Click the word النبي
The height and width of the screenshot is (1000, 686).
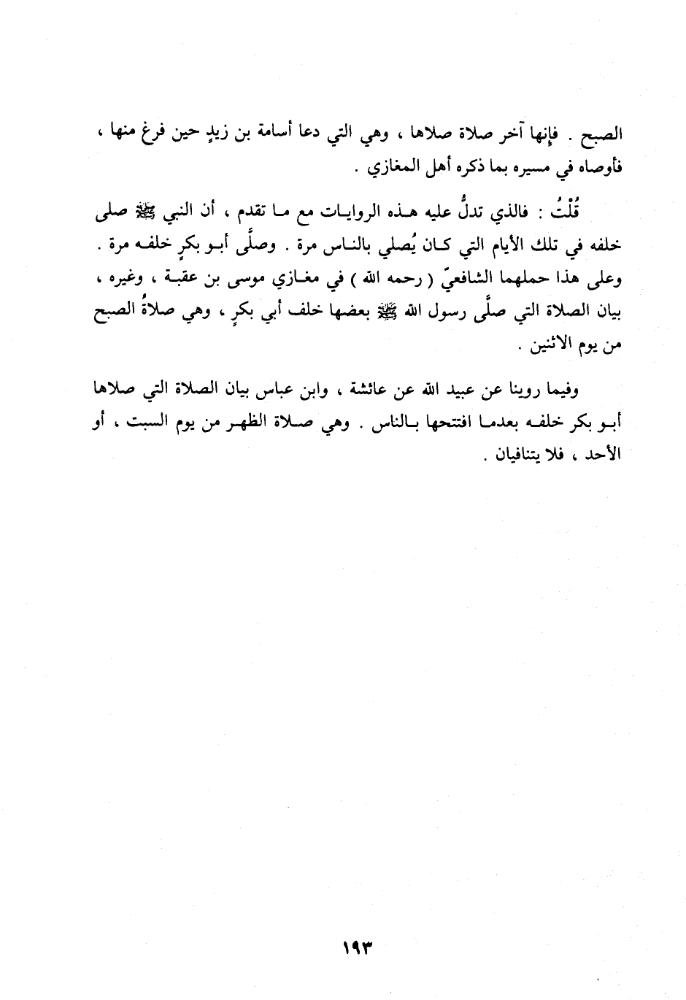pyautogui.click(x=156, y=212)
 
